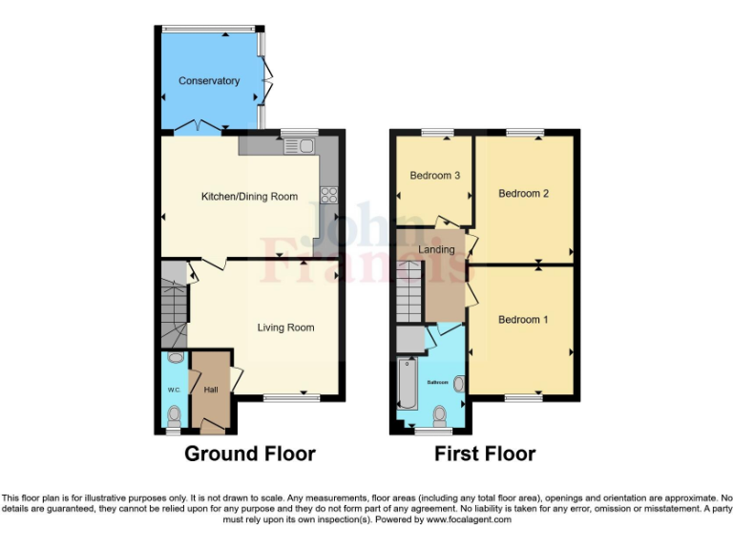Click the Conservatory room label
(209, 81)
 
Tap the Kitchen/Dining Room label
(249, 197)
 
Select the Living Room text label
(285, 328)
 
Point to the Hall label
(210, 390)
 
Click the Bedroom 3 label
(435, 176)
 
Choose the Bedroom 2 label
(523, 193)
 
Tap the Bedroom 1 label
(523, 319)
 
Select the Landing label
(436, 249)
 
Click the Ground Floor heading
(249, 454)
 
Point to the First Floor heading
(485, 454)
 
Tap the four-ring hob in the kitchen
(329, 195)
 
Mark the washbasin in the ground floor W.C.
(174, 358)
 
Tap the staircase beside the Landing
(408, 292)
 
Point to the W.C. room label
(174, 390)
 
